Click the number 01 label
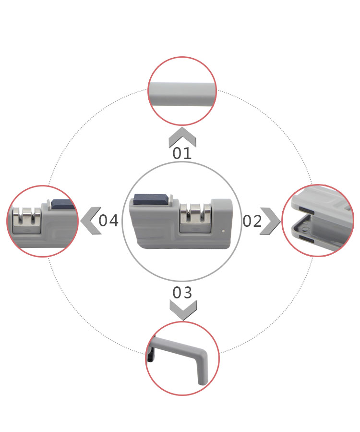pyautogui.click(x=182, y=153)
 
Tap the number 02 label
pyautogui.click(x=252, y=221)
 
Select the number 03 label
pyautogui.click(x=182, y=293)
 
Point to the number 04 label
pyautogui.click(x=108, y=221)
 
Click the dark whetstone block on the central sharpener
pyautogui.click(x=151, y=199)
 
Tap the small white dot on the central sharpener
pyautogui.click(x=223, y=231)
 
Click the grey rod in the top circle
pyautogui.click(x=182, y=94)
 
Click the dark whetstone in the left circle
pyautogui.click(x=63, y=204)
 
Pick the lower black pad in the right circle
pyautogui.click(x=306, y=239)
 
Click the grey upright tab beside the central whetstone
pyautogui.click(x=171, y=200)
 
